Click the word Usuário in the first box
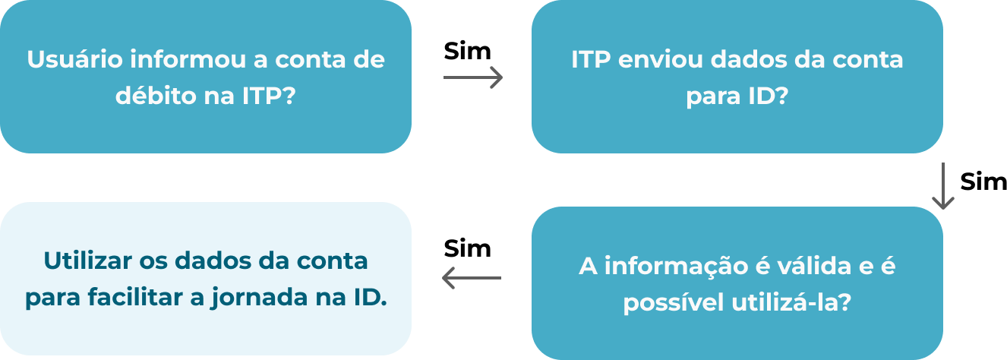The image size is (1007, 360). tap(74, 59)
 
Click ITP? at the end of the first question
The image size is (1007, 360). tap(269, 95)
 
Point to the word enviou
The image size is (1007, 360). tap(660, 59)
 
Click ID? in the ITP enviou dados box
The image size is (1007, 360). tap(769, 95)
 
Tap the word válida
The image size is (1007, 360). tap(814, 265)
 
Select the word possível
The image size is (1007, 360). tap(673, 302)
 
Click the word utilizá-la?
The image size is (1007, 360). tap(791, 302)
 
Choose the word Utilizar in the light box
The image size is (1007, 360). tap(87, 261)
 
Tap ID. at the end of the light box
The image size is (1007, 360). tap(371, 297)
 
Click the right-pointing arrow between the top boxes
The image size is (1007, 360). tap(473, 77)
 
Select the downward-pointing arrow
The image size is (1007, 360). tap(942, 185)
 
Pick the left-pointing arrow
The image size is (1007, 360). tap(472, 278)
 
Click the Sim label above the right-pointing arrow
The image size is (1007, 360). tap(467, 51)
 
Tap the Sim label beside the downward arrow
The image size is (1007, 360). tap(983, 182)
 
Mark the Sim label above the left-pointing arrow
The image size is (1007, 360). tap(467, 248)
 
